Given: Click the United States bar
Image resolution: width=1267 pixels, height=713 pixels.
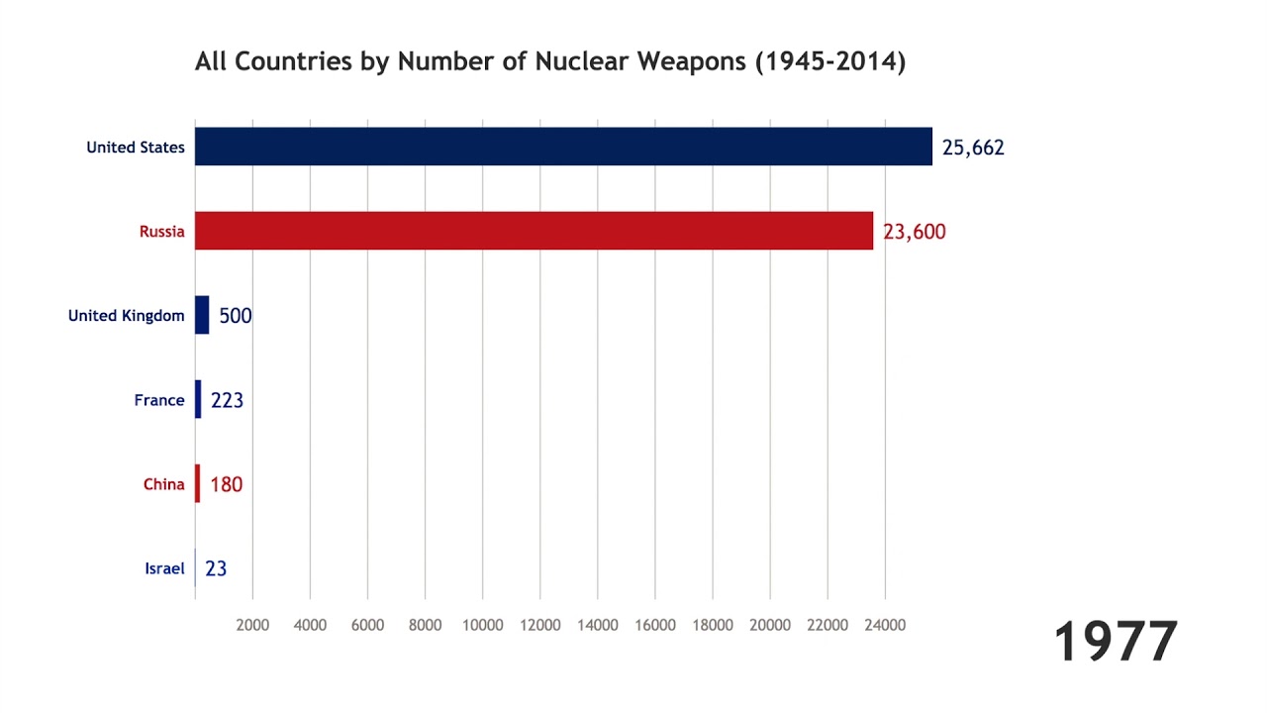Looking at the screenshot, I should pos(563,147).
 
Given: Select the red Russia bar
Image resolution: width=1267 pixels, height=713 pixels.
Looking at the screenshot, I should pos(534,231).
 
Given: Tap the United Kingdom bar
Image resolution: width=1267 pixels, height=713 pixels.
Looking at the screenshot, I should pos(202,315).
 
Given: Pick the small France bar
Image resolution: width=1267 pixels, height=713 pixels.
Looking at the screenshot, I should pos(198,399).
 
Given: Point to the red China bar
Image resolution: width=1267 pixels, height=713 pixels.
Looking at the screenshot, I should pos(198,483).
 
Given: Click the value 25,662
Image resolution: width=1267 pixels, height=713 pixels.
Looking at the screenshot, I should pos(973,148).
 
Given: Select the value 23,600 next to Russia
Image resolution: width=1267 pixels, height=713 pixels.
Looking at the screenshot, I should pos(915,232).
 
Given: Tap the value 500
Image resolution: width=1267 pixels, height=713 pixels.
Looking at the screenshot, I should pos(236,316).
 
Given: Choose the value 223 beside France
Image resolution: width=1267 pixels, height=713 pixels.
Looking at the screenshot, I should pos(228,400).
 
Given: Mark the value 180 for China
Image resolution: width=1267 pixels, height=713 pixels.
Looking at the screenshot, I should pos(227,484).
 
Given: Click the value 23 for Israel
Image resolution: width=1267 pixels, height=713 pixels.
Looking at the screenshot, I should pos(216,568).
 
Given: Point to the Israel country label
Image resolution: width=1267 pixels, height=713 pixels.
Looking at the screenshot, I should pos(164,568).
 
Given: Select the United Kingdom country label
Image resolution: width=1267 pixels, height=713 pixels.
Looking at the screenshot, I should pos(126,316).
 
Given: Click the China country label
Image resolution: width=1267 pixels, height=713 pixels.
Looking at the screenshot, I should pos(164,484).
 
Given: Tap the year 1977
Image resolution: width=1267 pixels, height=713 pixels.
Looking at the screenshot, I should pos(1116,642).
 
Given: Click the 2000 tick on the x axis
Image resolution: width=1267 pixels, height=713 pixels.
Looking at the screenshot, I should pos(252,625).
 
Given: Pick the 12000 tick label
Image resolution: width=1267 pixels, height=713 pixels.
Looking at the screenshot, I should pos(539,625).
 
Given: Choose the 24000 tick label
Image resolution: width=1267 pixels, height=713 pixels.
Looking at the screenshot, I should pos(885,625).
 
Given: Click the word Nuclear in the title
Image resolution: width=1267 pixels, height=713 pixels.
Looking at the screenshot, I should pos(583,61).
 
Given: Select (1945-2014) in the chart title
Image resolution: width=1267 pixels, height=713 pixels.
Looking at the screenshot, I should pos(830,61).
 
